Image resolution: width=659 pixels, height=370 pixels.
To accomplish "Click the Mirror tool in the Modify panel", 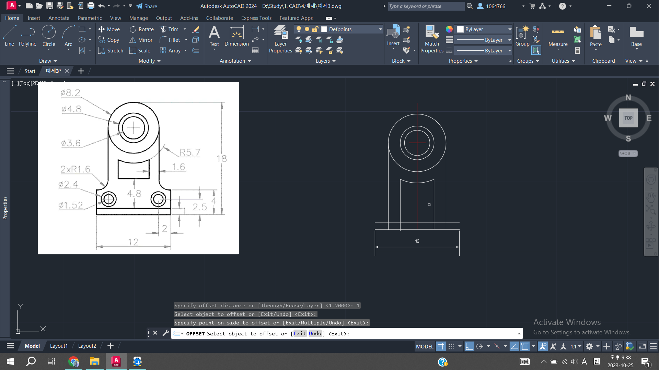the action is tap(141, 40).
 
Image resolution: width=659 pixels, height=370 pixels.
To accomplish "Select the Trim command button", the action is tap(169, 29).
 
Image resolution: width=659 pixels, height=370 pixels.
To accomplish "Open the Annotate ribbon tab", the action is tap(59, 18).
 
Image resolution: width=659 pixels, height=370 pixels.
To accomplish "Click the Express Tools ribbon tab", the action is tap(256, 18).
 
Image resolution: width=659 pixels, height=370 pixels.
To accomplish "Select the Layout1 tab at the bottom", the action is tap(59, 346).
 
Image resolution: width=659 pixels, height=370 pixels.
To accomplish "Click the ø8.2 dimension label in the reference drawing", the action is tap(70, 92).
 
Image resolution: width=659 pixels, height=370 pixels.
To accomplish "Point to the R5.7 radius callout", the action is tap(190, 152).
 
